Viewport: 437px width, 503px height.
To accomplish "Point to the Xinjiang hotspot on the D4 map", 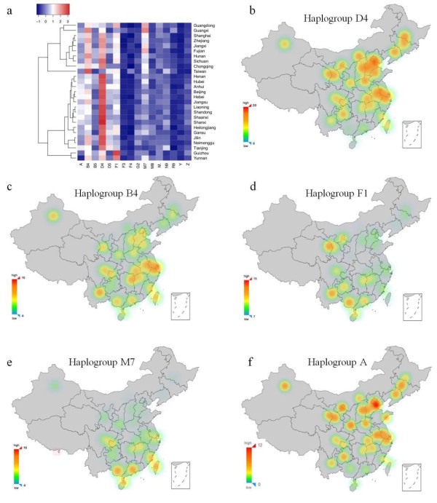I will coord(284,44).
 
